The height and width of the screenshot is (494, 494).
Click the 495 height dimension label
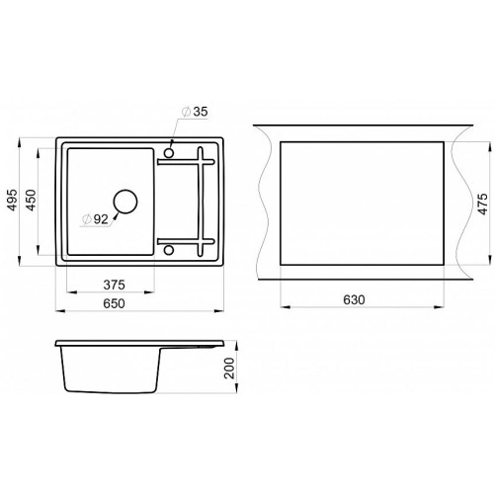click(x=12, y=200)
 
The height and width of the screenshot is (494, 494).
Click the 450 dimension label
click(x=32, y=200)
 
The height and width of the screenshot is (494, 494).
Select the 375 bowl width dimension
click(x=114, y=285)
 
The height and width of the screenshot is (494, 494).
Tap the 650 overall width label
click(x=114, y=303)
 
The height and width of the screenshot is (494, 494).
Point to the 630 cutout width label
click(x=354, y=299)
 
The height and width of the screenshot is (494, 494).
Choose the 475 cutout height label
click(x=482, y=205)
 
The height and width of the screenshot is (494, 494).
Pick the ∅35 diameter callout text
click(x=195, y=112)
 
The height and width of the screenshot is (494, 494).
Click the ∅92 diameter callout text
click(x=96, y=219)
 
